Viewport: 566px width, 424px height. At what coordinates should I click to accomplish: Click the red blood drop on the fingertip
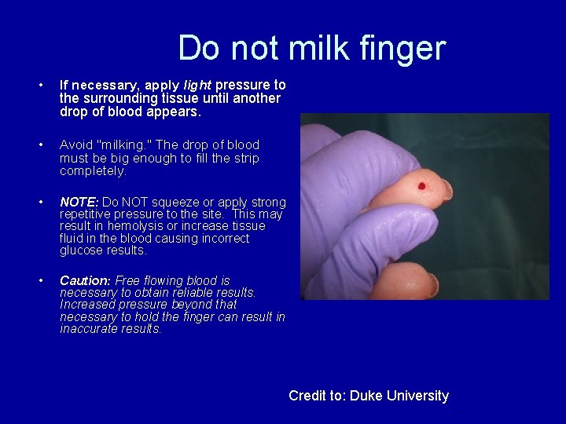(x=421, y=187)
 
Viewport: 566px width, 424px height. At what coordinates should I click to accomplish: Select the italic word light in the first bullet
(x=197, y=85)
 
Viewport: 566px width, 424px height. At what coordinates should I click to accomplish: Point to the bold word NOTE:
(x=79, y=203)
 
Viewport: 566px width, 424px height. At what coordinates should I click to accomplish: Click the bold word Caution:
(x=85, y=280)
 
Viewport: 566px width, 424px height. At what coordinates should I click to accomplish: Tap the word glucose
(x=81, y=250)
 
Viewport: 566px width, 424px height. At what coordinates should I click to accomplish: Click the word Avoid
(x=76, y=144)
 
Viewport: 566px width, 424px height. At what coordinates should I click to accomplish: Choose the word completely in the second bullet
(x=93, y=170)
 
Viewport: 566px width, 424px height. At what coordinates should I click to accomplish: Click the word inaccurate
(x=90, y=329)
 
